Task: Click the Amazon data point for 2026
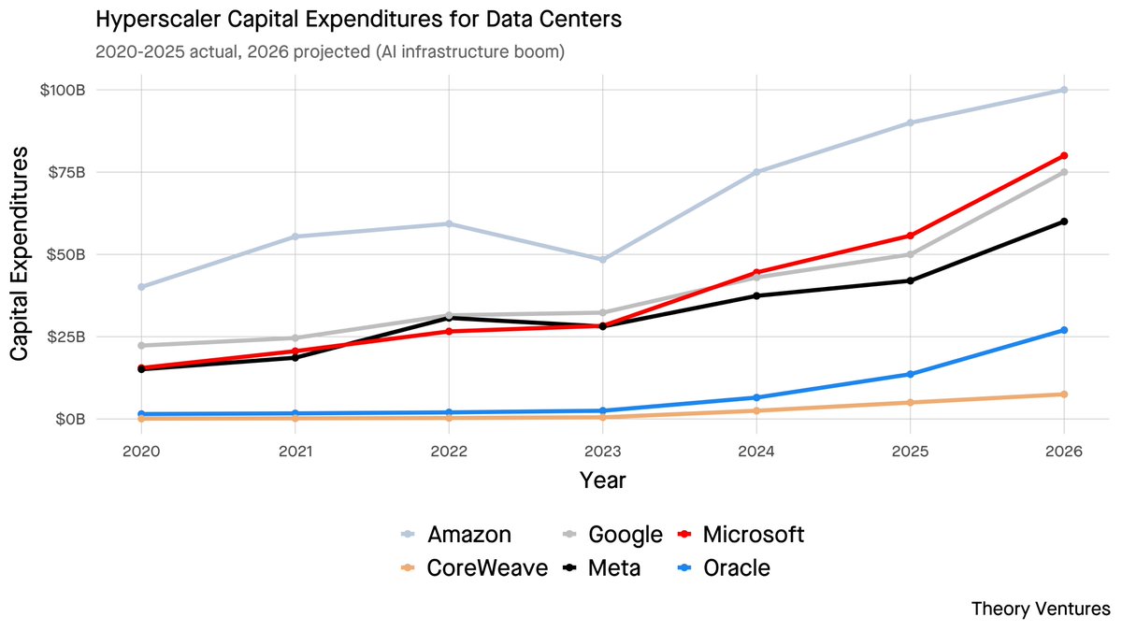tap(1063, 90)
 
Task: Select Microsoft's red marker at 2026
tap(1063, 155)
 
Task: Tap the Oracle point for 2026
tap(1063, 330)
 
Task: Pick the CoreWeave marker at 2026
tap(1063, 394)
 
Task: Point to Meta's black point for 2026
tap(1063, 222)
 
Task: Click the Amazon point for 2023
tap(602, 259)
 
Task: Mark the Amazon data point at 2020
tap(141, 287)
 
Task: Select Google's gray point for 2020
tap(141, 346)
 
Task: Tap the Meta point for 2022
tap(449, 318)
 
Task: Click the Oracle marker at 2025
tap(910, 374)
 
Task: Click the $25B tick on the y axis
tap(67, 337)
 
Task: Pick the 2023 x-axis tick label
tap(602, 452)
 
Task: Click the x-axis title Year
tap(602, 480)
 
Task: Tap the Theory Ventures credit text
tap(1041, 609)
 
